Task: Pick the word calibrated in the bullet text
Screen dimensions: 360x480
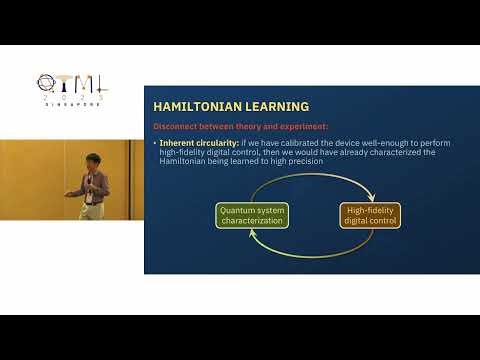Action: tap(304, 143)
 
